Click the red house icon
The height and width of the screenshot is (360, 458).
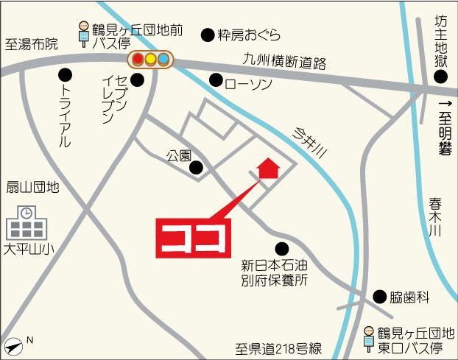point(268,169)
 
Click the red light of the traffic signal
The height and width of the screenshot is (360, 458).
point(138,59)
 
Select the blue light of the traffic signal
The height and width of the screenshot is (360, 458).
point(163,59)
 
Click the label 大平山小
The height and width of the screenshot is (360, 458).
point(28,250)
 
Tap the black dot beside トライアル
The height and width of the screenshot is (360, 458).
point(66,74)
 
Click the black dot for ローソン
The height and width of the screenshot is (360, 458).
point(216,80)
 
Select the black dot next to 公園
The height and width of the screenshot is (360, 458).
point(197,168)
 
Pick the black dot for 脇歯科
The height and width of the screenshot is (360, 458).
point(379,297)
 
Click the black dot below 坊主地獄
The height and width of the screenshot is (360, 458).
point(440,77)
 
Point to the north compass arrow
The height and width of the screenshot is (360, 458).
point(15,344)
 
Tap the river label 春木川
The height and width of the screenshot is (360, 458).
point(435,216)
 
